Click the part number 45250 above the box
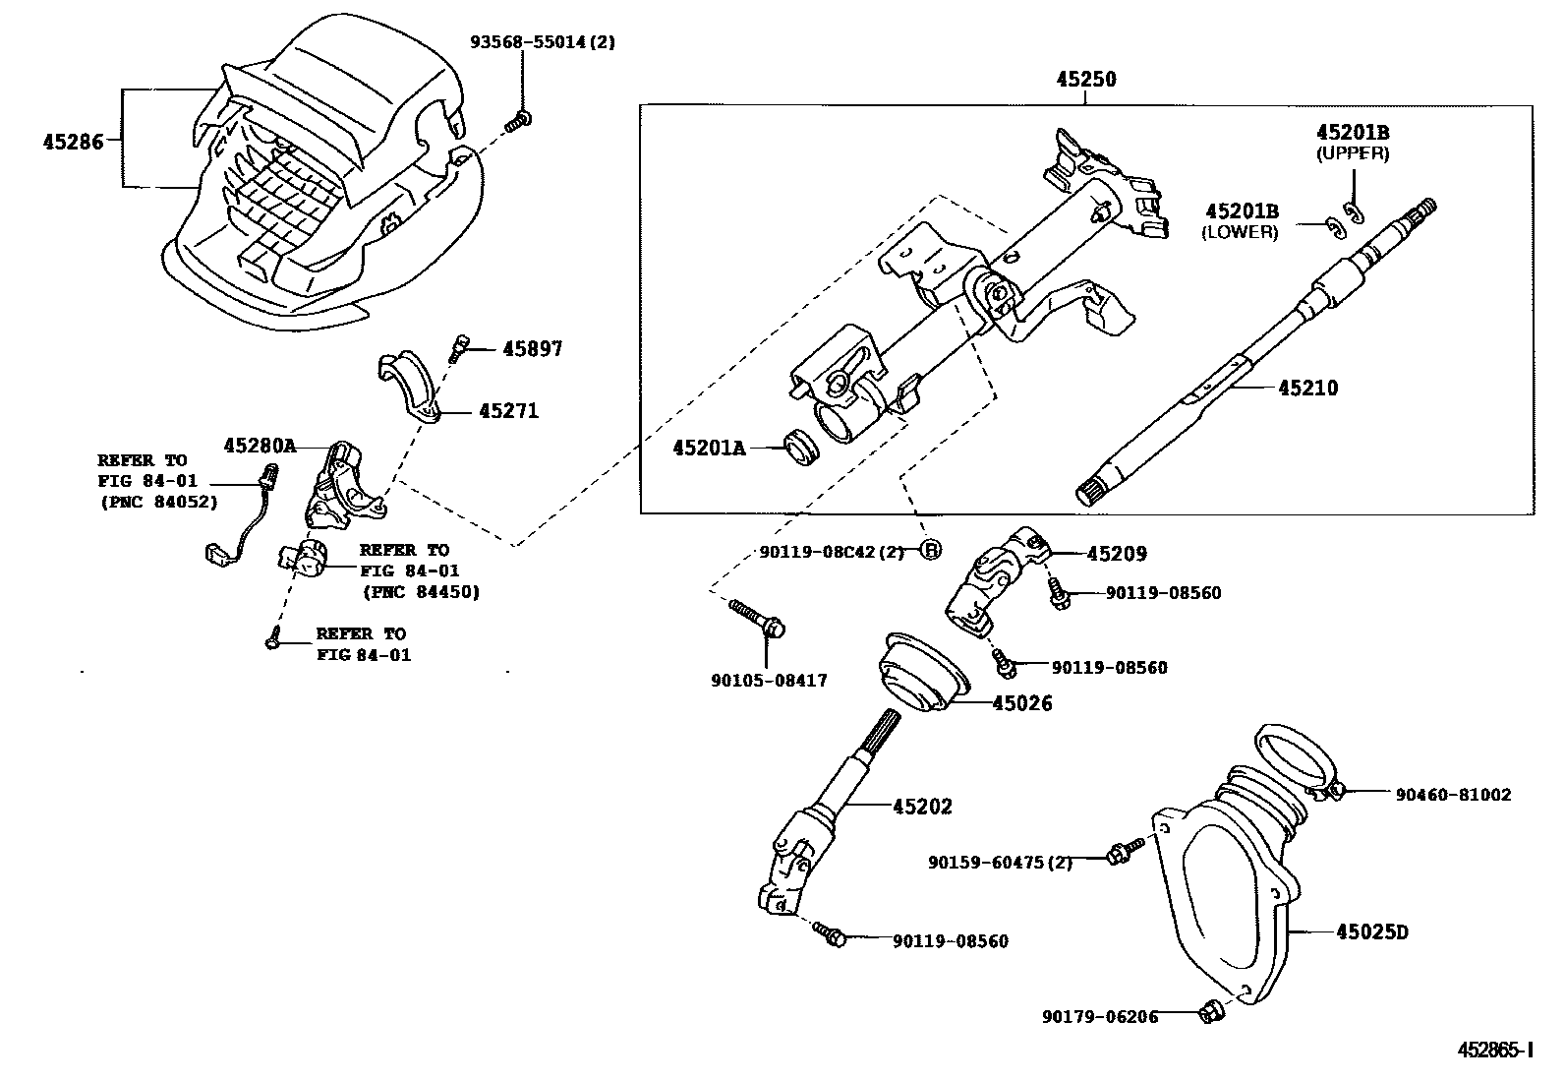(1085, 80)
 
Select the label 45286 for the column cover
(73, 142)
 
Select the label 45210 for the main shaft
(1307, 389)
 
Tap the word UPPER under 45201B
(1353, 153)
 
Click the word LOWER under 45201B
(1240, 233)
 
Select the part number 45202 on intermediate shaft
(922, 807)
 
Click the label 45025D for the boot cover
(1371, 931)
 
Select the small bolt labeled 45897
(458, 347)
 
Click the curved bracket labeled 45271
(412, 389)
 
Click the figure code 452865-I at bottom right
(1493, 1050)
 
